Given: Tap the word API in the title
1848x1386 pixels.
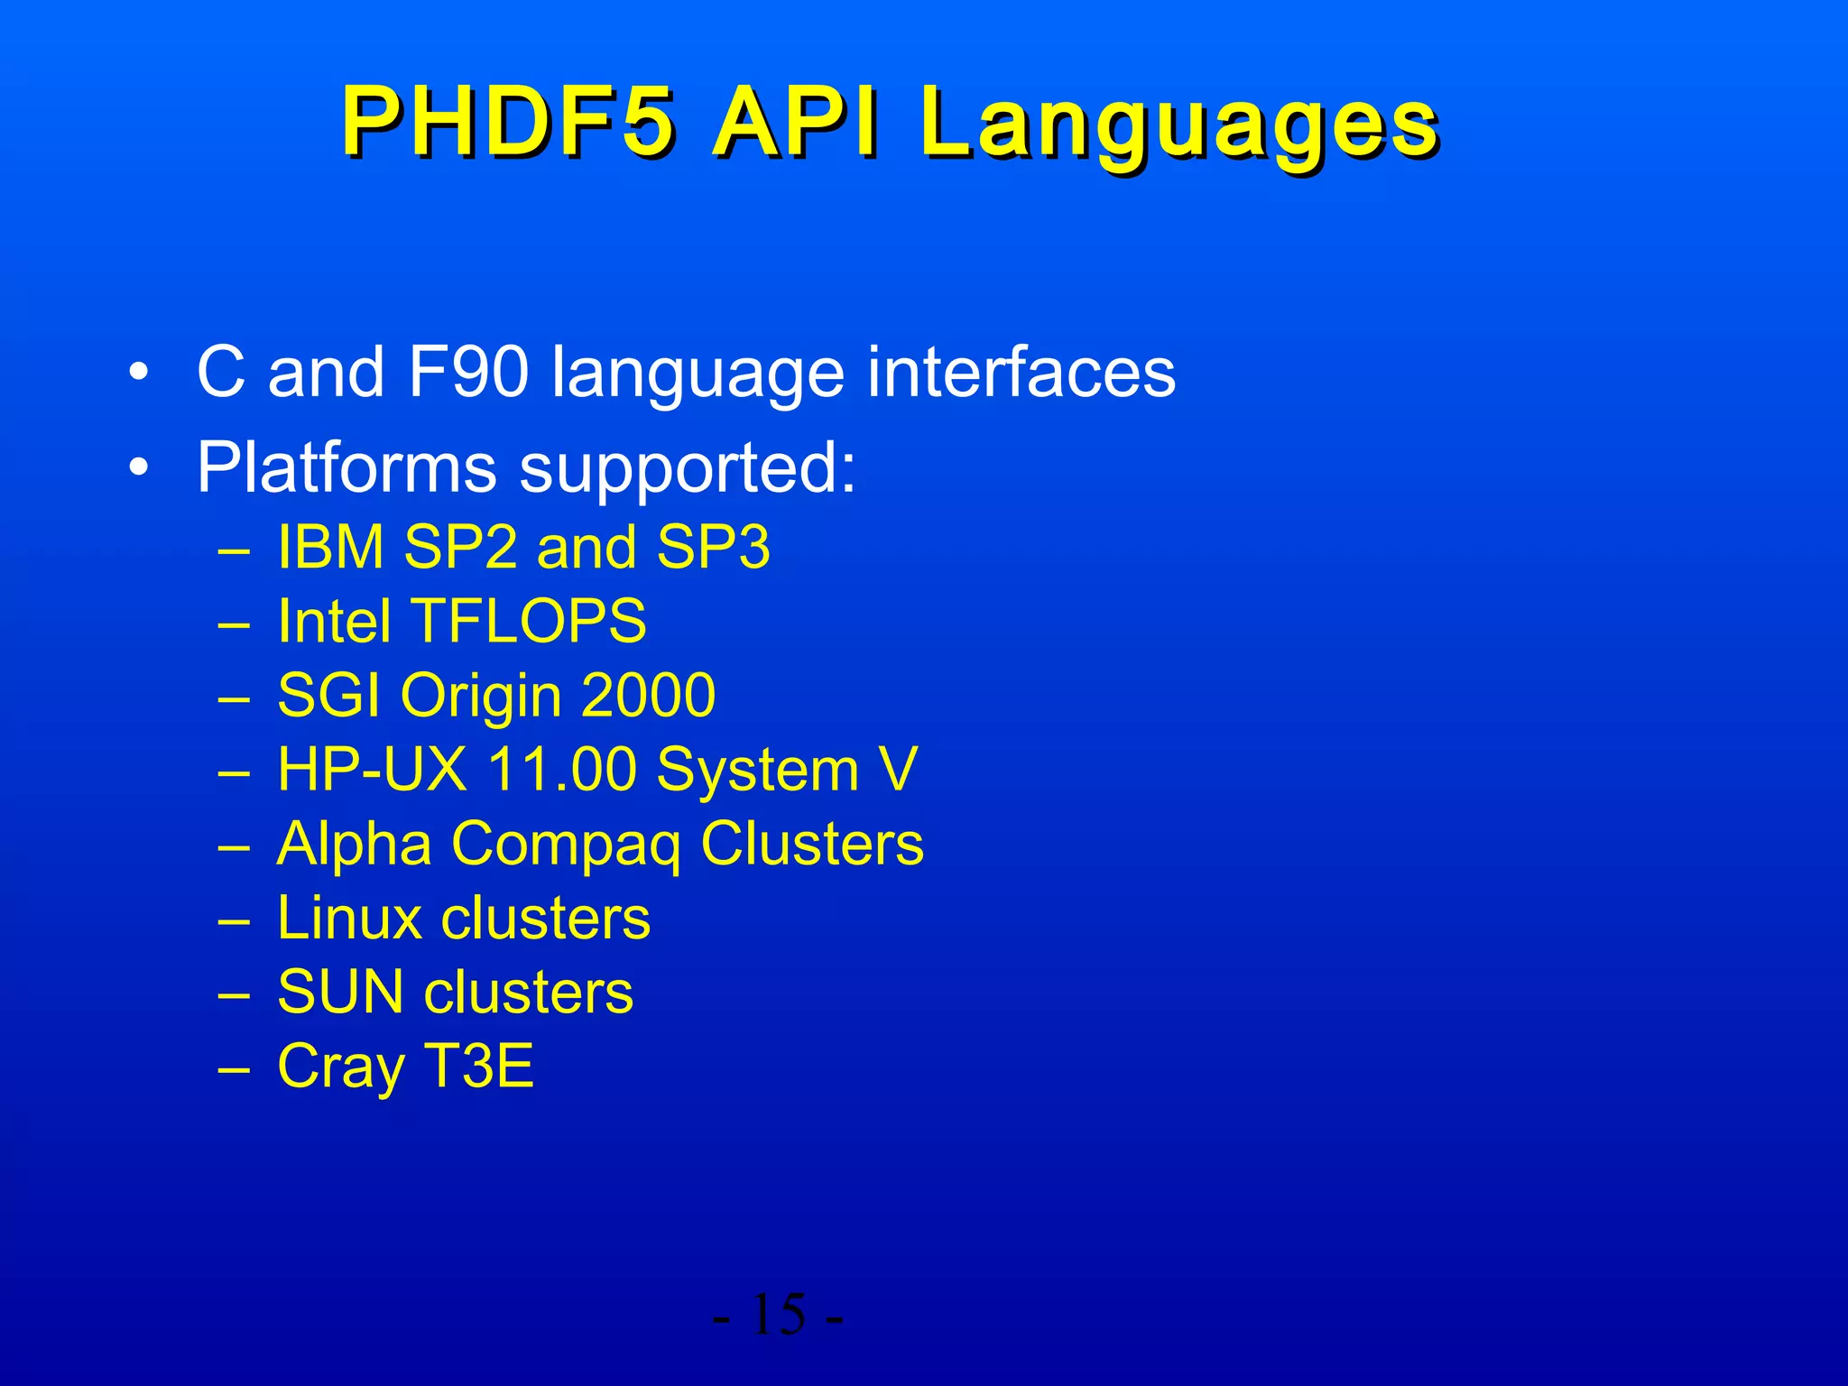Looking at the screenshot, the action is (x=794, y=124).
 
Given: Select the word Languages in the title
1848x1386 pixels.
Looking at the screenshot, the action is (x=1178, y=126).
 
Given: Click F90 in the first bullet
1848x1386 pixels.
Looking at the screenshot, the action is (x=467, y=372).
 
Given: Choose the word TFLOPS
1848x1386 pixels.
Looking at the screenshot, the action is (x=529, y=622).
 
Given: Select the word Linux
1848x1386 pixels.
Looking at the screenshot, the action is (x=349, y=919).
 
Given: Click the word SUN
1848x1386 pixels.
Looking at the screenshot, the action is (x=340, y=993).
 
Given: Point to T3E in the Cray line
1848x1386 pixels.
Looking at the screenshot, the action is (x=478, y=1067).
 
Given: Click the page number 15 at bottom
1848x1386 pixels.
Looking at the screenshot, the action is (x=777, y=1315).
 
